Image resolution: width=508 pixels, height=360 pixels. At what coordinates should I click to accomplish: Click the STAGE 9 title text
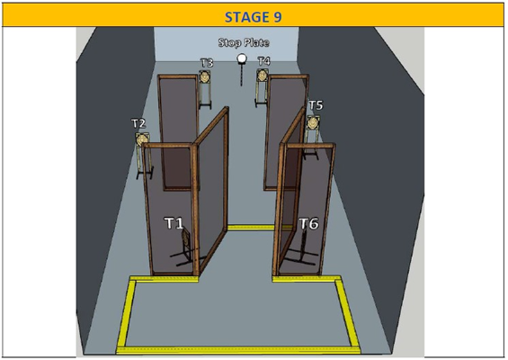[x=253, y=17]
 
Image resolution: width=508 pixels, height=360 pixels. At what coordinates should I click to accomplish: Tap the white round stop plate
[x=241, y=58]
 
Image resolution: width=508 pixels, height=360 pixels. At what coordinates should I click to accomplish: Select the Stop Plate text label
[x=244, y=43]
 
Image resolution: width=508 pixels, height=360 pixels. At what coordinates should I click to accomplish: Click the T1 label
[x=174, y=223]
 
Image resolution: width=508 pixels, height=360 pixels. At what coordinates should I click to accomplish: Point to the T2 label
[x=138, y=123]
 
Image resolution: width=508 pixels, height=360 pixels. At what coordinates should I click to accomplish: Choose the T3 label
[x=207, y=62]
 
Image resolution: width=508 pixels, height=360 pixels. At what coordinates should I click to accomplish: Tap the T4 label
[x=263, y=60]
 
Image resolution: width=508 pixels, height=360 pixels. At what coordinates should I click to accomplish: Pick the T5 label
[x=316, y=105]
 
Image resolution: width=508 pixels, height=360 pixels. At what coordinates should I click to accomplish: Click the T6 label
[x=308, y=223]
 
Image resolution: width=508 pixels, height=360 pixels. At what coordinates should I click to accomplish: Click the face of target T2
[x=141, y=140]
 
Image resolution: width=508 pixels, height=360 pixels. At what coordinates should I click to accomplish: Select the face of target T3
[x=204, y=76]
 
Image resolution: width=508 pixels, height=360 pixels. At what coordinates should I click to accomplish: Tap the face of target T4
[x=262, y=76]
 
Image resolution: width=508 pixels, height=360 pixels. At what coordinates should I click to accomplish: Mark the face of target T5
[x=313, y=123]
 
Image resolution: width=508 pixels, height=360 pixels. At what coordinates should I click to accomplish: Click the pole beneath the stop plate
[x=241, y=75]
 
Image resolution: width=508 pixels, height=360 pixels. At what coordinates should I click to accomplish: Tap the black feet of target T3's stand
[x=205, y=105]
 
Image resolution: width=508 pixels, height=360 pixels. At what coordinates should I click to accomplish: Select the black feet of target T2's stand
[x=145, y=173]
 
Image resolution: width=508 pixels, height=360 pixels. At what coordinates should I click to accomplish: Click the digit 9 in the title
[x=278, y=17]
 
